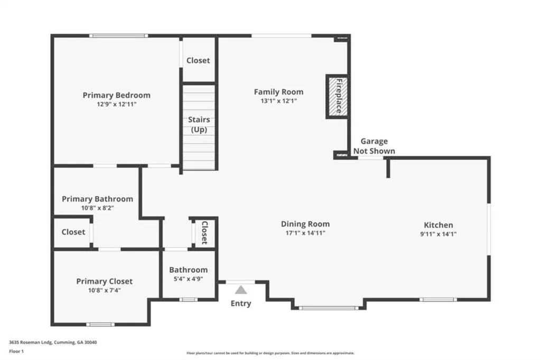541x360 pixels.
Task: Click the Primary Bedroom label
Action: tap(117, 95)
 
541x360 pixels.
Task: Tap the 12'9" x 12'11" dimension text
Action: tap(117, 104)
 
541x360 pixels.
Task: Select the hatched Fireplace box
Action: tap(337, 97)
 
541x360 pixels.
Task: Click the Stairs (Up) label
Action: tap(199, 125)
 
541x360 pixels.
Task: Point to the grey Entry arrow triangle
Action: tap(241, 290)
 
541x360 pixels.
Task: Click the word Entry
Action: tap(241, 304)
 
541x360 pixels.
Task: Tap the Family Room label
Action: tap(279, 92)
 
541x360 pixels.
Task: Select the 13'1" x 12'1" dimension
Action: tap(279, 101)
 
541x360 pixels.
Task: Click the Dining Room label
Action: tap(305, 224)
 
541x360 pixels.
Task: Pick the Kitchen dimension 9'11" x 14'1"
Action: tap(438, 234)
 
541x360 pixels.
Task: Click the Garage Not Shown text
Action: tap(375, 146)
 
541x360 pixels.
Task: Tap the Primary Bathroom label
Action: tap(97, 199)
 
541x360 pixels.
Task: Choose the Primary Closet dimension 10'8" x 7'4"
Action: tap(104, 290)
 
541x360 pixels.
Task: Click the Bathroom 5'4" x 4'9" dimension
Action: tap(189, 279)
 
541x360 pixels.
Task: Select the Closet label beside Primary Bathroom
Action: tap(73, 232)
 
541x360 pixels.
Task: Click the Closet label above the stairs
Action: tap(198, 60)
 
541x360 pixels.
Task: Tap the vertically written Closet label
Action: tap(204, 233)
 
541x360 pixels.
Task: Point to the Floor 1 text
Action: tap(16, 352)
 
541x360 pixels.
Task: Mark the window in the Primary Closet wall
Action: tap(100, 325)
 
